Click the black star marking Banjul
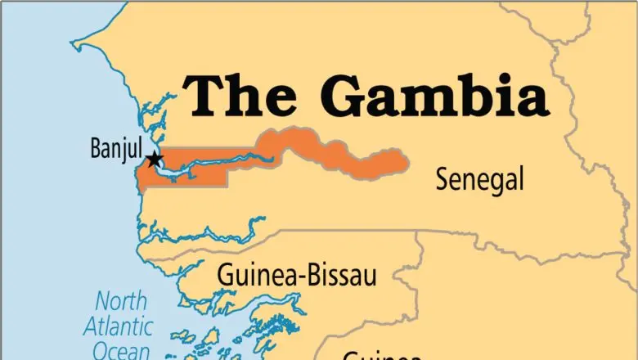pyautogui.click(x=154, y=160)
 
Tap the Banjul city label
pyautogui.click(x=116, y=150)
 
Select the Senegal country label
pyautogui.click(x=479, y=179)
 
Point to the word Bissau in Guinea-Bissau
pyautogui.click(x=343, y=276)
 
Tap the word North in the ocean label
pyautogui.click(x=120, y=300)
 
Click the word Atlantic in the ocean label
pyautogui.click(x=119, y=326)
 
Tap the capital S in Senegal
pyautogui.click(x=443, y=179)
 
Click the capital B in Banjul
pyautogui.click(x=94, y=150)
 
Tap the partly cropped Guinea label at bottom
pyautogui.click(x=381, y=355)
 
